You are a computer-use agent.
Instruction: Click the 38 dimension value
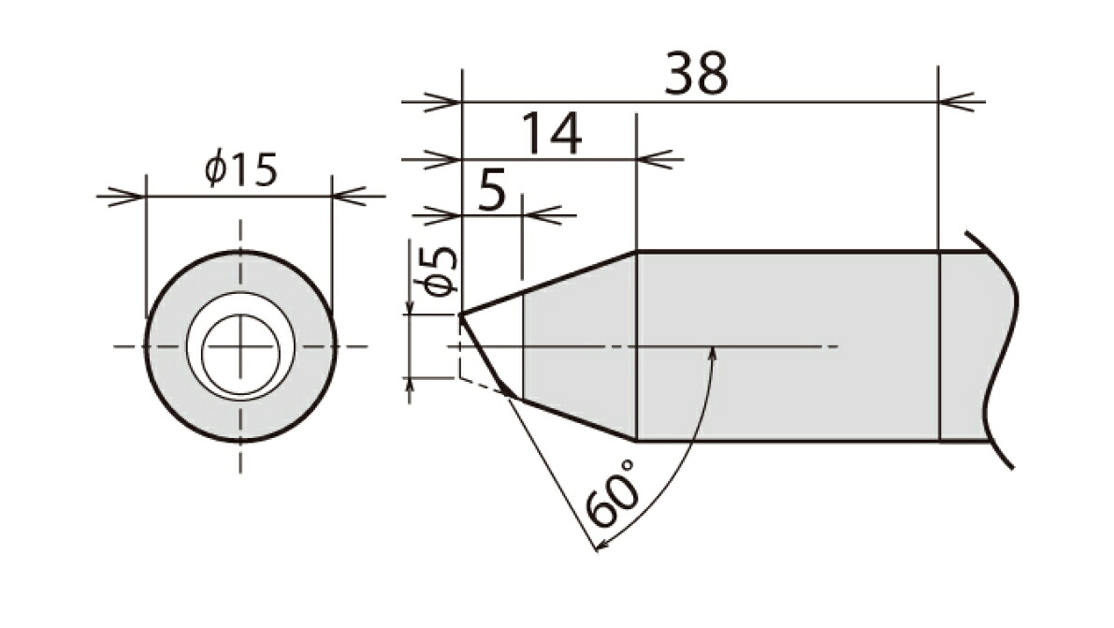tap(696, 73)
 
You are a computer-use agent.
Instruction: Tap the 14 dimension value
tap(551, 133)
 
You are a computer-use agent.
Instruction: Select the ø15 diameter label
tap(240, 168)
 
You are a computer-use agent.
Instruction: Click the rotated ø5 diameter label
tap(439, 271)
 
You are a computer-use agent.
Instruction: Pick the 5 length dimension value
tap(492, 190)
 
